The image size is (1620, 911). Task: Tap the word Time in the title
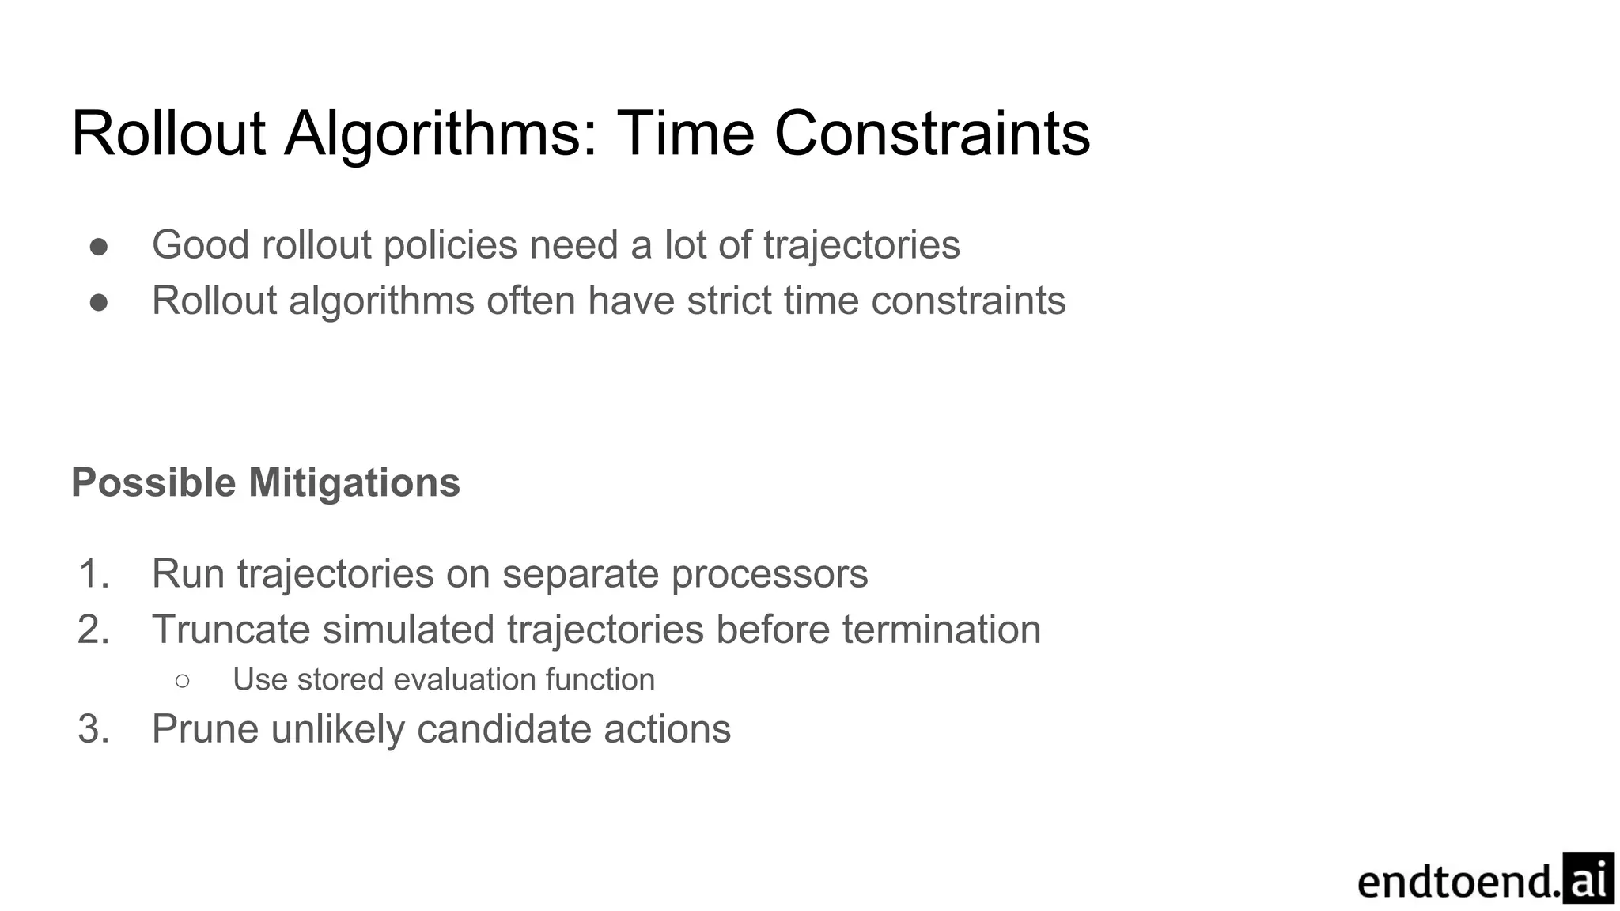(x=685, y=133)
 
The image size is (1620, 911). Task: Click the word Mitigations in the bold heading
(x=354, y=482)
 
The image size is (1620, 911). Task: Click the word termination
(x=941, y=629)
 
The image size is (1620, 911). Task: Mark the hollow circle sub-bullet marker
(x=183, y=680)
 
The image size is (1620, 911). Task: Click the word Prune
(x=205, y=728)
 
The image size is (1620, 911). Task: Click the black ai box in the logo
(x=1588, y=879)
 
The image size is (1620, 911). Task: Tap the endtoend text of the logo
(x=1459, y=883)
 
